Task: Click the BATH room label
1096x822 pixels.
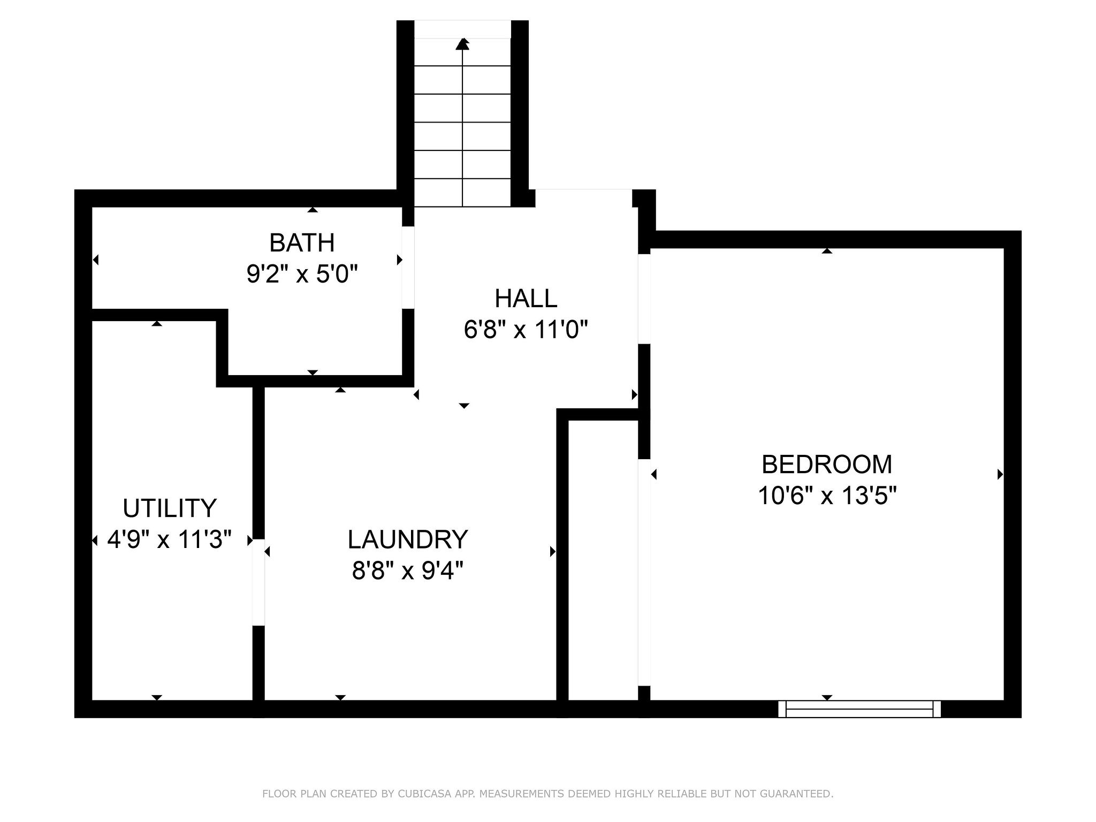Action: [302, 243]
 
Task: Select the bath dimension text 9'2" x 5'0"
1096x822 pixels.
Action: [302, 275]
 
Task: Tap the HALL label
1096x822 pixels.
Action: [526, 299]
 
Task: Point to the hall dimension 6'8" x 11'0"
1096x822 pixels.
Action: [526, 330]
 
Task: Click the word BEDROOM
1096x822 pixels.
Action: [827, 465]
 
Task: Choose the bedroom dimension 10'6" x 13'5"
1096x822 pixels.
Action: [827, 496]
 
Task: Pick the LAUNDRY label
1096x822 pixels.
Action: [408, 539]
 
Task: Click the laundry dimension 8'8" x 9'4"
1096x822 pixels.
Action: [408, 571]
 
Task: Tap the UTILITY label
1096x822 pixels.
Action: [170, 508]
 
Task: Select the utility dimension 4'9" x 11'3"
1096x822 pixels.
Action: [170, 539]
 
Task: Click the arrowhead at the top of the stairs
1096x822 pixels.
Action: [462, 44]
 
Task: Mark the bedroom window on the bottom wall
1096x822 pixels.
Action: [859, 709]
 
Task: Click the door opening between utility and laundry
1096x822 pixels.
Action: [258, 582]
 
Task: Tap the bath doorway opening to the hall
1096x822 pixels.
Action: [408, 268]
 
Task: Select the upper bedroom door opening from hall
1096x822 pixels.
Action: [644, 299]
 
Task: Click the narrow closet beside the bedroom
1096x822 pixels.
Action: [603, 560]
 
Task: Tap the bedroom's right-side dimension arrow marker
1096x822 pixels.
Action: [1000, 474]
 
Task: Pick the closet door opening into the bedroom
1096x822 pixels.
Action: [644, 573]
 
